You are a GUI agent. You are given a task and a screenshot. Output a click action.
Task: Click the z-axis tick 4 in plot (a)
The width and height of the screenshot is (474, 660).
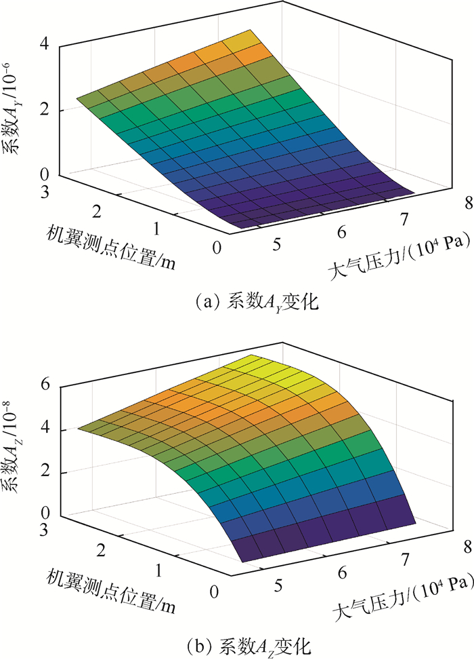[45, 45]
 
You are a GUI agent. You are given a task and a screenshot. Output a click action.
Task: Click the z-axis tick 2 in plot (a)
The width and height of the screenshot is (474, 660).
[45, 111]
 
